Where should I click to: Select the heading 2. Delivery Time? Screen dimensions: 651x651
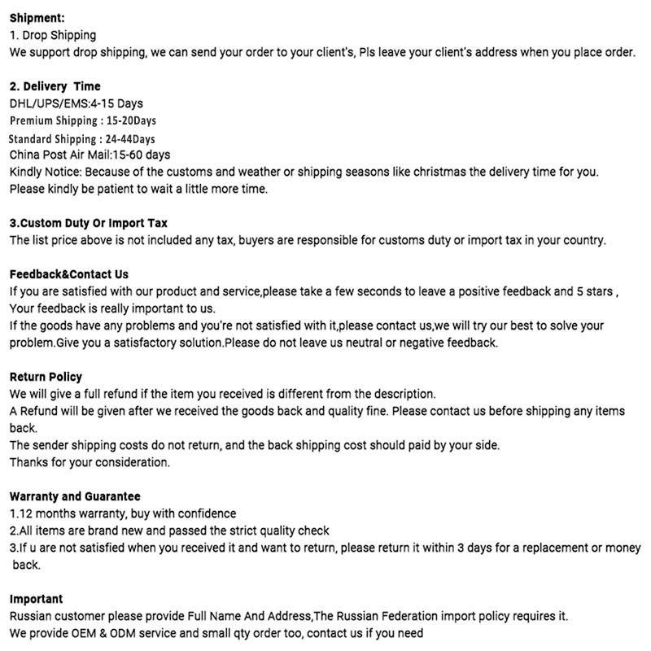(55, 86)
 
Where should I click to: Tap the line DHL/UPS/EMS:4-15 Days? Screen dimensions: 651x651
(76, 103)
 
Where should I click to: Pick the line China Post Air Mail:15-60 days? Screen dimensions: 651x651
(90, 155)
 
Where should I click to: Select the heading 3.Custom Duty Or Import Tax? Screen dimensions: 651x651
(88, 223)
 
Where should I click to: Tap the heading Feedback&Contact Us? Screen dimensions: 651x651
(69, 274)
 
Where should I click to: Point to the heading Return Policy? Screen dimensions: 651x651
(46, 377)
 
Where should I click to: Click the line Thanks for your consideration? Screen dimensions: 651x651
(90, 462)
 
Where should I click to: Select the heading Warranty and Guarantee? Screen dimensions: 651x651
(75, 496)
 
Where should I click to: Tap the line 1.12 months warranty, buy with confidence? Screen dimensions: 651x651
(123, 513)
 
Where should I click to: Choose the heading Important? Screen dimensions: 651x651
(36, 599)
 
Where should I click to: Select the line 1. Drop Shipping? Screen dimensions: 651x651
(52, 35)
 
